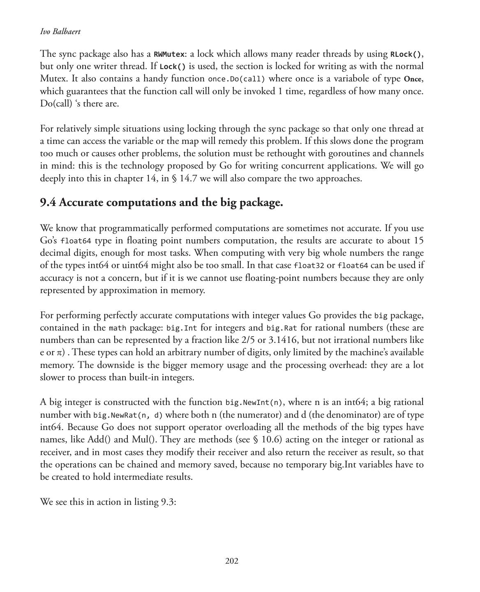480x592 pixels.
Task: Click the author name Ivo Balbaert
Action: tap(60, 32)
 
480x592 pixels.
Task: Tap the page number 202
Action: tap(232, 561)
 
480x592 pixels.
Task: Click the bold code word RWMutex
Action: tap(169, 54)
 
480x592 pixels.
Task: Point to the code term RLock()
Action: tap(406, 54)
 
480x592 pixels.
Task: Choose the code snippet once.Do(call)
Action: tap(236, 79)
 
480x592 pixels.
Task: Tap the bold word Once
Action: tap(413, 79)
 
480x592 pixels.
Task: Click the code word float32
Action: tap(309, 266)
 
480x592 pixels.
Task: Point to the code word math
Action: tap(118, 328)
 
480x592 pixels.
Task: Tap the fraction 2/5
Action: tap(247, 340)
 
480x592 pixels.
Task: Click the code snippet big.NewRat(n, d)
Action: tap(128, 415)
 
